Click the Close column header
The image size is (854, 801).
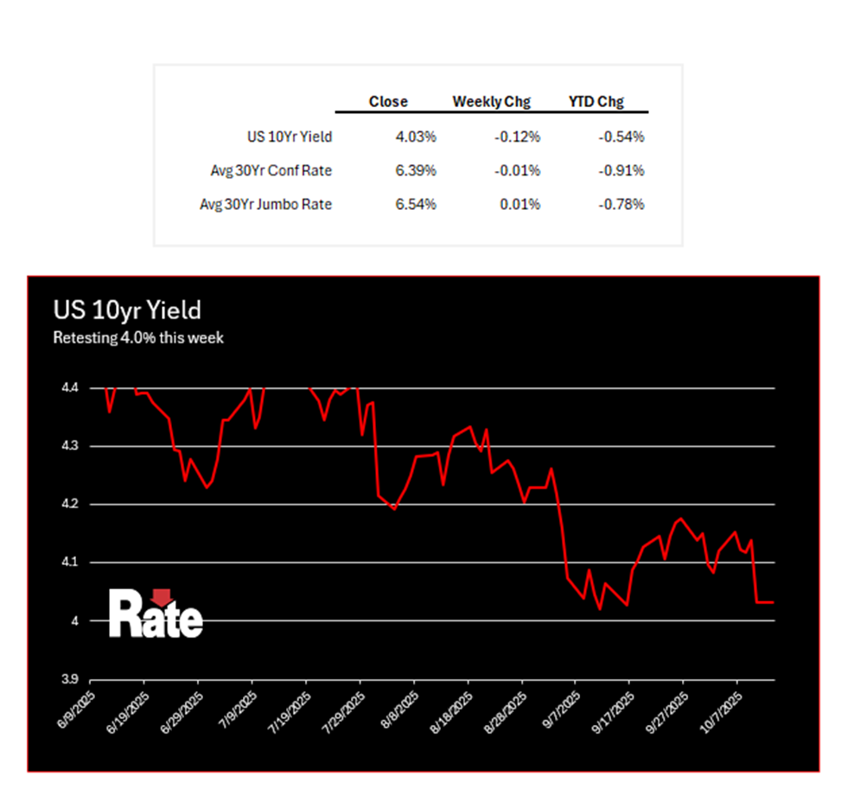[388, 102]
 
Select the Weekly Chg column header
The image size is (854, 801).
[491, 102]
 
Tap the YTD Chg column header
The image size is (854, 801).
[596, 102]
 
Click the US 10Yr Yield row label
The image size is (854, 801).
[289, 137]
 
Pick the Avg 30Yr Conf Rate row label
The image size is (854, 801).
[271, 171]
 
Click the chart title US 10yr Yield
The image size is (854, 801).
[126, 310]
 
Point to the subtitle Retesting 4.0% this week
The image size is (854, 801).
[138, 338]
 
